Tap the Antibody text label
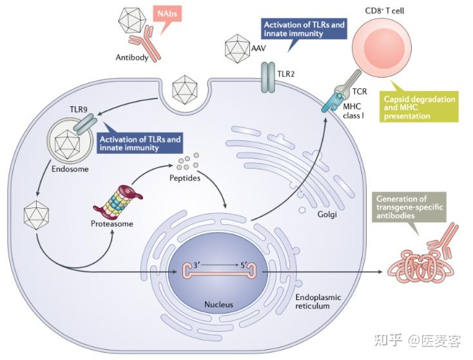pos(132,57)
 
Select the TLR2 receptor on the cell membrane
pos(268,77)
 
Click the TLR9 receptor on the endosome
pos(85,124)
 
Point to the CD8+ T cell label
pos(385,11)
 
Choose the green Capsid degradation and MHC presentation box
pos(420,107)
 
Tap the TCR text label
pos(360,91)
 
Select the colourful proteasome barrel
pos(118,202)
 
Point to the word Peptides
pos(184,178)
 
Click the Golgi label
pos(327,214)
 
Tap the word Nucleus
pos(218,305)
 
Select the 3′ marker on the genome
pos(197,265)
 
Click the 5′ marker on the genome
pos(244,265)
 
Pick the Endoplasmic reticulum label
pos(318,301)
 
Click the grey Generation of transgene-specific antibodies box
pos(409,207)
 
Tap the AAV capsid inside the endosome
pos(67,145)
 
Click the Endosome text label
pos(70,169)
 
